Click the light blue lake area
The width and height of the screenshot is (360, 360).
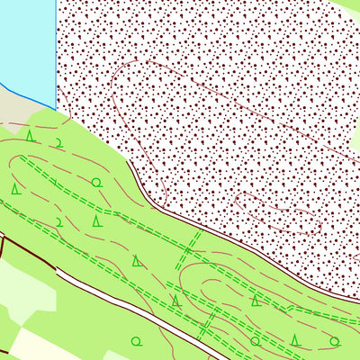(27, 45)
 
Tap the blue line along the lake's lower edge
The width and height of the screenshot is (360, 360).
(27, 94)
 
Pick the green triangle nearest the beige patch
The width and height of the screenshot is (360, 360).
(30, 136)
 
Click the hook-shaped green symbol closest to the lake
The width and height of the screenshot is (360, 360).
(58, 142)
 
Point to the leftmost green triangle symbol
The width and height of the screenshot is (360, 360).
(15, 188)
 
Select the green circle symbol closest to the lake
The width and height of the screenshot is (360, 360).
(96, 183)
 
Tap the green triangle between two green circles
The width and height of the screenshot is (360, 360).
(295, 339)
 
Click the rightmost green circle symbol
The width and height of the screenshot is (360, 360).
(335, 341)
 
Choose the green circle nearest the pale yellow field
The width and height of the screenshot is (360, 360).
(137, 341)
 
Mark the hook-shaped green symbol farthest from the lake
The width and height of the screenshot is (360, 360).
(59, 221)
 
